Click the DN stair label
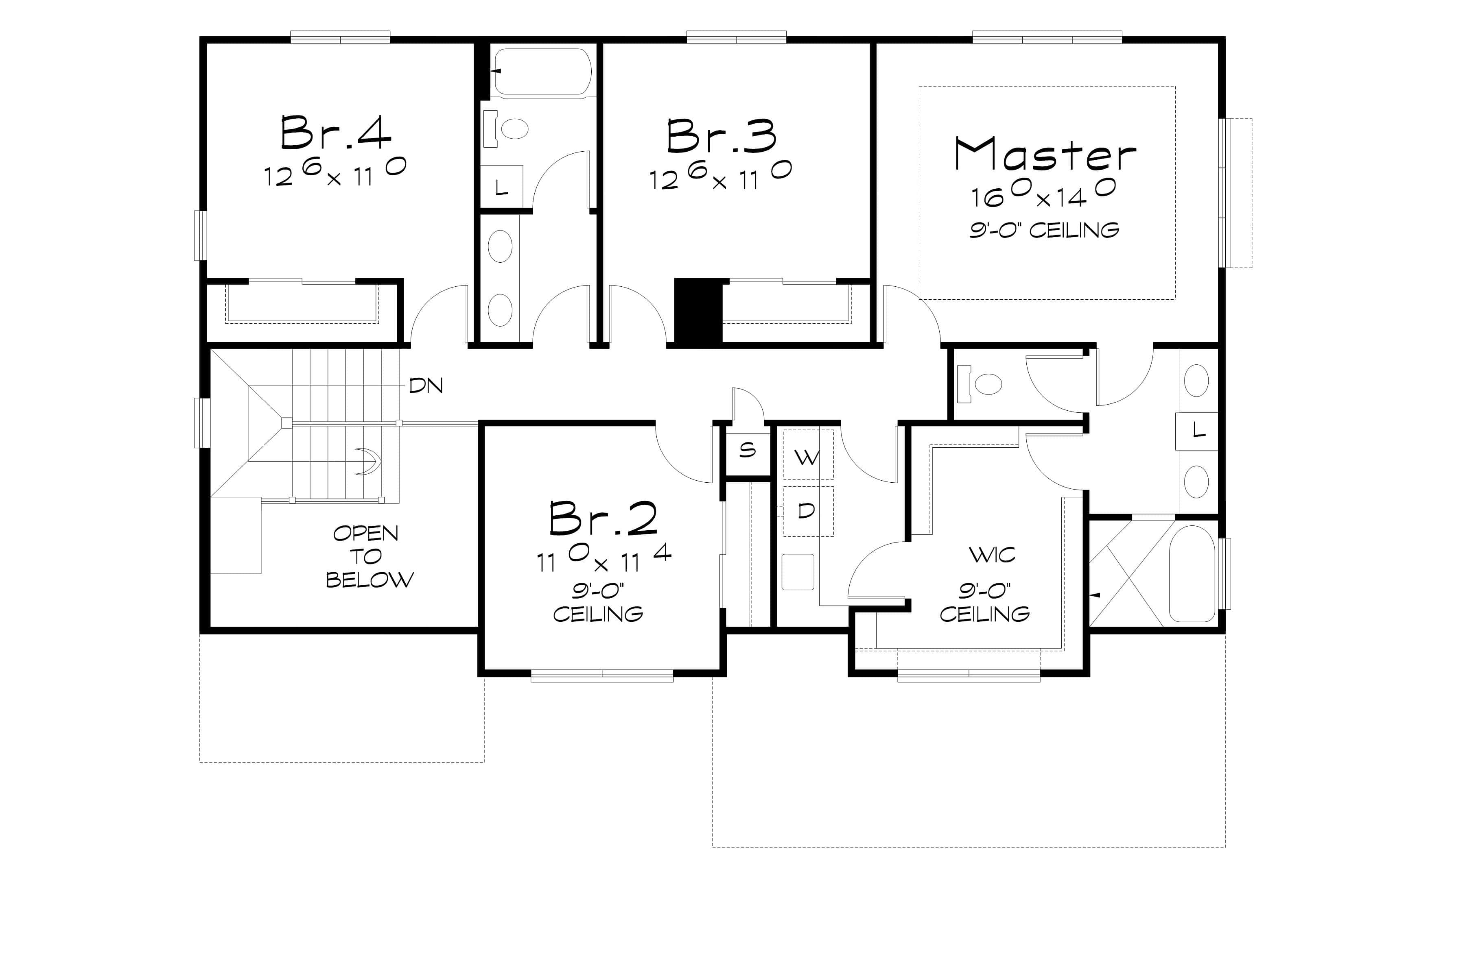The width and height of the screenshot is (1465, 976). (x=426, y=386)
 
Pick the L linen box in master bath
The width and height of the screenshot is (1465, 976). (x=1196, y=430)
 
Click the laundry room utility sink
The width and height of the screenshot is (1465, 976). (x=798, y=571)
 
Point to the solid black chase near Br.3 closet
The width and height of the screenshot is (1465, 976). (x=698, y=311)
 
